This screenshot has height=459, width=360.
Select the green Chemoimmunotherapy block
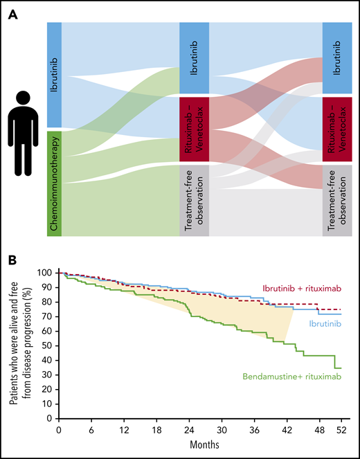(x=55, y=183)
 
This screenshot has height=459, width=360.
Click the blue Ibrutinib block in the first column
(x=55, y=76)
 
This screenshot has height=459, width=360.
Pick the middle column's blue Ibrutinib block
(x=194, y=59)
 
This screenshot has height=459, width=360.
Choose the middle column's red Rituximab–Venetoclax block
(x=194, y=130)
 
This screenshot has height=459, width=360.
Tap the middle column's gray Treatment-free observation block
(x=194, y=201)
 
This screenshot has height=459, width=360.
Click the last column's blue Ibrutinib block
(x=337, y=59)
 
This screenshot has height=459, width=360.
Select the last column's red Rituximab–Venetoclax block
(x=337, y=130)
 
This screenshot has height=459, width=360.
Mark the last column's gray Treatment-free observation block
(x=337, y=201)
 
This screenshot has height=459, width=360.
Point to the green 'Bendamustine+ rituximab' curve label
(x=292, y=377)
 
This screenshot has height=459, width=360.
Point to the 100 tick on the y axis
(x=46, y=273)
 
